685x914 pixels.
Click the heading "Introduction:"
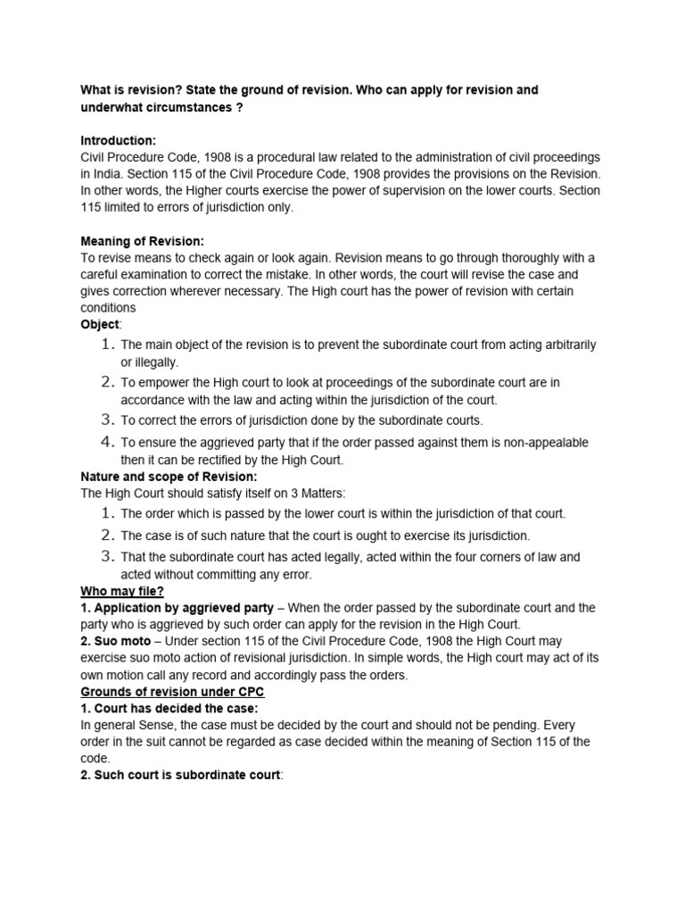[x=119, y=141]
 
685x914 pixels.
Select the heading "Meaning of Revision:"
[x=143, y=241]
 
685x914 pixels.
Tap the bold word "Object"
[x=100, y=325]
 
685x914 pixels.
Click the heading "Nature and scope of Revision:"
[x=169, y=476]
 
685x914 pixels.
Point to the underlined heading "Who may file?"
[x=122, y=591]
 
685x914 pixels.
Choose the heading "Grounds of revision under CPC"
[x=172, y=692]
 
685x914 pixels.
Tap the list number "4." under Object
[x=108, y=442]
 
